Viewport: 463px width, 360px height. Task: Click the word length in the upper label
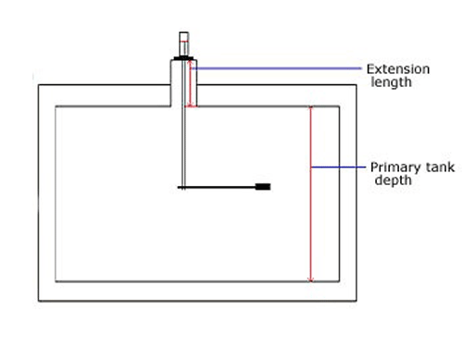pos(389,81)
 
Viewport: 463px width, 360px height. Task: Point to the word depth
pos(393,180)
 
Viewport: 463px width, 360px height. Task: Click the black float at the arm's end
pos(263,187)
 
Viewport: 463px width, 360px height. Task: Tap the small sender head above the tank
pos(184,43)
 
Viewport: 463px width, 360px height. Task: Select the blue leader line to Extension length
pos(278,68)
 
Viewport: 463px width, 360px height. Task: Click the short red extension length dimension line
pos(191,85)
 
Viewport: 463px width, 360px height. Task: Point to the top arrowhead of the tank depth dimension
pos(311,108)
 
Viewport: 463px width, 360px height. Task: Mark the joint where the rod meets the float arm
pos(183,188)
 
